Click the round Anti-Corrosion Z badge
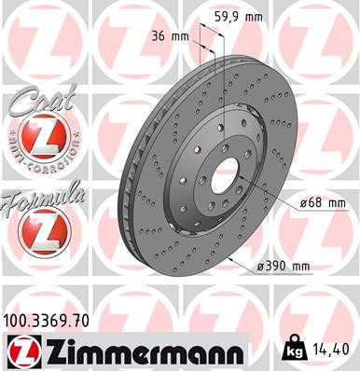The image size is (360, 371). tap(39, 140)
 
